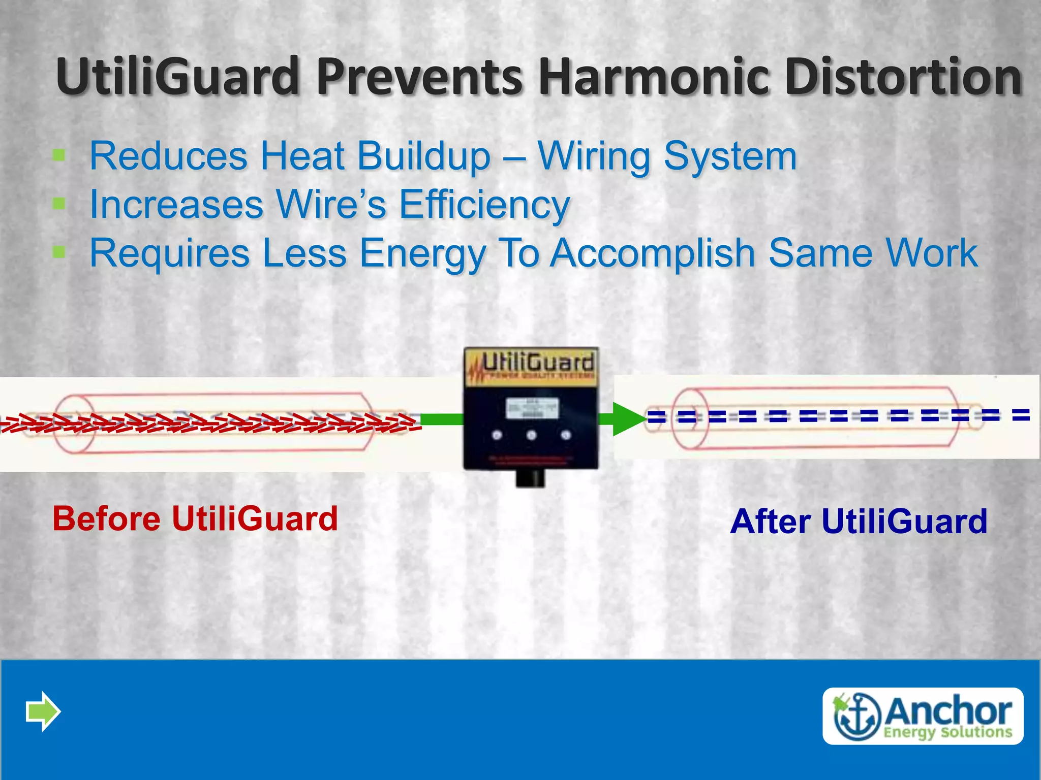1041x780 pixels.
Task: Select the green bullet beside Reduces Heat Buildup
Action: click(x=59, y=155)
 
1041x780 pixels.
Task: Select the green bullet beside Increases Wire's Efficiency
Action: click(x=59, y=204)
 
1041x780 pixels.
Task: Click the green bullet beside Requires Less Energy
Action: click(x=59, y=252)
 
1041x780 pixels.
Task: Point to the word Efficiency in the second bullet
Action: click(x=484, y=205)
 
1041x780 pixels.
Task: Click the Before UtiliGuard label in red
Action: click(x=195, y=518)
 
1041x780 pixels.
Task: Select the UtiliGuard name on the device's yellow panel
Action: click(x=537, y=363)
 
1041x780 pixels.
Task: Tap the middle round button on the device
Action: click(x=532, y=435)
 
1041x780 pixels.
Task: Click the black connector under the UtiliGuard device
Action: click(x=530, y=478)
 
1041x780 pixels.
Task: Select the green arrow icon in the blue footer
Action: click(x=43, y=711)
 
